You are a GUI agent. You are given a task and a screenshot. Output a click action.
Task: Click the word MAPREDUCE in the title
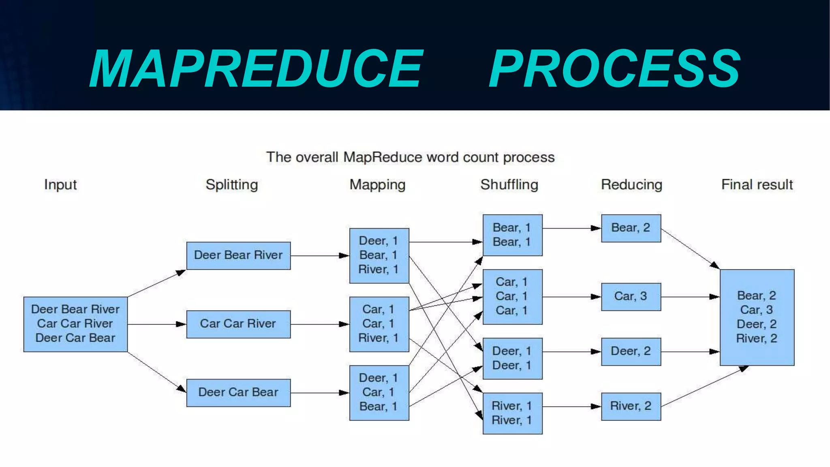coord(256,68)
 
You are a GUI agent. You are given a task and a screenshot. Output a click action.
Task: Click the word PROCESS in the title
coord(614,68)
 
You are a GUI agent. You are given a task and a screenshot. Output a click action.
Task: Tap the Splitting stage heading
coord(231,184)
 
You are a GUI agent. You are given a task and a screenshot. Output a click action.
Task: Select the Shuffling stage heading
coord(509,184)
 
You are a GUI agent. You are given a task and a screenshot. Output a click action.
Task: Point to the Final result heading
coord(757,184)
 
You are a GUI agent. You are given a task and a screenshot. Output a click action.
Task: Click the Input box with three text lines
coord(75,324)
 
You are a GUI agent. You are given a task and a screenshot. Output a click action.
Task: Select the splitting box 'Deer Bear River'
coord(238,255)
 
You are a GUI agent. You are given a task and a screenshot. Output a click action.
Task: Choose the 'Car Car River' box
coord(238,324)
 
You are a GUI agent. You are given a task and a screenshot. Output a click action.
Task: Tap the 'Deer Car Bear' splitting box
coord(238,392)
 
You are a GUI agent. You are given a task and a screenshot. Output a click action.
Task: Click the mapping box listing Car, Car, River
coord(379,324)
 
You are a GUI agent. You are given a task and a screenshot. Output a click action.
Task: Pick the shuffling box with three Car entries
coord(512,296)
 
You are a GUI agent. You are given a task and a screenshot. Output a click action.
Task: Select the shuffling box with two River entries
coord(512,413)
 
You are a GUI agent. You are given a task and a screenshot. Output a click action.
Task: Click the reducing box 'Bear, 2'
coord(631,228)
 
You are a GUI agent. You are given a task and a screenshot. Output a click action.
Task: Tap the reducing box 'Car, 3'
coord(631,296)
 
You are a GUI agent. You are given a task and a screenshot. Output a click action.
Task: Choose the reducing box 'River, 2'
coord(631,406)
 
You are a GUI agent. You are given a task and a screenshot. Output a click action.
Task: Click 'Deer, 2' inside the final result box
coord(756,324)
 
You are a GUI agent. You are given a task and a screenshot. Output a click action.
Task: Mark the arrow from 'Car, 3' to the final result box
coord(690,297)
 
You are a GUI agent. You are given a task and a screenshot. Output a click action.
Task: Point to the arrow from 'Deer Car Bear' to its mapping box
coord(319,392)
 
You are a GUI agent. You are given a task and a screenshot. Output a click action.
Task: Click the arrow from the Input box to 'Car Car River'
coord(156,324)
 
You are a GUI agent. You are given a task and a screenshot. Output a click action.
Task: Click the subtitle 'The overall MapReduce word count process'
coord(410,157)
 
